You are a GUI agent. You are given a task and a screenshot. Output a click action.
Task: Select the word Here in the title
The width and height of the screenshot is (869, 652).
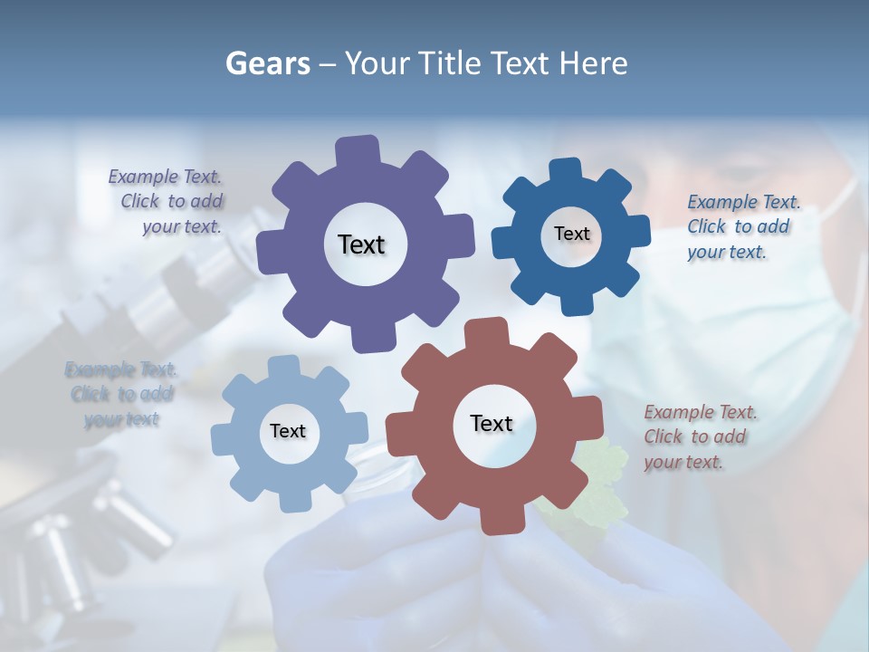pyautogui.click(x=593, y=63)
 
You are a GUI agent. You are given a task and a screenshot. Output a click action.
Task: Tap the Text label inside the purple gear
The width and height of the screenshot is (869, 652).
pyautogui.click(x=361, y=244)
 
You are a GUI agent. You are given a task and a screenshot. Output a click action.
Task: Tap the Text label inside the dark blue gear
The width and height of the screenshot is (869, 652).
pyautogui.click(x=571, y=234)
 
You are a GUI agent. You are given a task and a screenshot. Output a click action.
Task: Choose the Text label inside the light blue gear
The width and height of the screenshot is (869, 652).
pyautogui.click(x=288, y=431)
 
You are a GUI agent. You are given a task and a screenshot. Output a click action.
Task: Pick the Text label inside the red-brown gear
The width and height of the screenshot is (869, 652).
pyautogui.click(x=492, y=423)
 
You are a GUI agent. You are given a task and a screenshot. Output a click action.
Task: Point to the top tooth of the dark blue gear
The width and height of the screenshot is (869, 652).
pyautogui.click(x=565, y=171)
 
